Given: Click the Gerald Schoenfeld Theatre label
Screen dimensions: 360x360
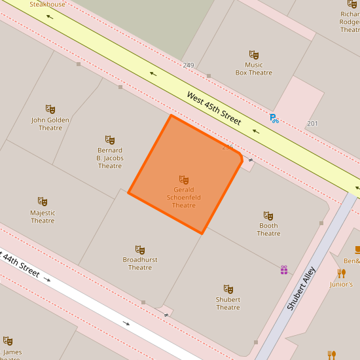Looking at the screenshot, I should (x=184, y=197).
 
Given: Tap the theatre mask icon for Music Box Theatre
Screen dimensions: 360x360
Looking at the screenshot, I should (x=254, y=55).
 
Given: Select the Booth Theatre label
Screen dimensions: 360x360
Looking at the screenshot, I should (x=268, y=230).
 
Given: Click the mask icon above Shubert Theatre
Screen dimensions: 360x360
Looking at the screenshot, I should (x=228, y=289).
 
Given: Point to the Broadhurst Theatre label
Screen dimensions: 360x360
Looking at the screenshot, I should (x=140, y=264).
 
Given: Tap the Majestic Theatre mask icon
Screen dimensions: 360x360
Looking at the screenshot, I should (x=43, y=202).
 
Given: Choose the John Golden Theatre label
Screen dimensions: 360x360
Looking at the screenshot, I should (x=50, y=124).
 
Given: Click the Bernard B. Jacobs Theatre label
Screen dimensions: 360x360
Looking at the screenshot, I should (x=110, y=158).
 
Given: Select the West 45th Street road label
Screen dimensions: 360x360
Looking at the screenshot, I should (x=214, y=108).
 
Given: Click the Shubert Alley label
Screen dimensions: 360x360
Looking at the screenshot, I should (x=302, y=288).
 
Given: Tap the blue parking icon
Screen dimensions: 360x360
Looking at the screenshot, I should (x=274, y=118).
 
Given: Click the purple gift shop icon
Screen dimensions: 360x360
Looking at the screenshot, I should (x=284, y=270).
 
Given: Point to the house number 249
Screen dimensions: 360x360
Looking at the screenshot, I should (x=189, y=65).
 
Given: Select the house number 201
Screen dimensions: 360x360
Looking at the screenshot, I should (x=312, y=124).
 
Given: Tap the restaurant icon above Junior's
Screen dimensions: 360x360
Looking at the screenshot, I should (x=341, y=274).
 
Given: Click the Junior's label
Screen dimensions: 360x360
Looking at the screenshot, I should (x=341, y=284).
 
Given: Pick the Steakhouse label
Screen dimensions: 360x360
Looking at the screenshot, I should (x=47, y=4).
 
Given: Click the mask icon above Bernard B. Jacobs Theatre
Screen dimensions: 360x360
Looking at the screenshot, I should (x=110, y=139).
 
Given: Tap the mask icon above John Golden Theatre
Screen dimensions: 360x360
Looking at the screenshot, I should (x=50, y=109).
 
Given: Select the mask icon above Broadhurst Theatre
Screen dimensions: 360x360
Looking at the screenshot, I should (x=139, y=249).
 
